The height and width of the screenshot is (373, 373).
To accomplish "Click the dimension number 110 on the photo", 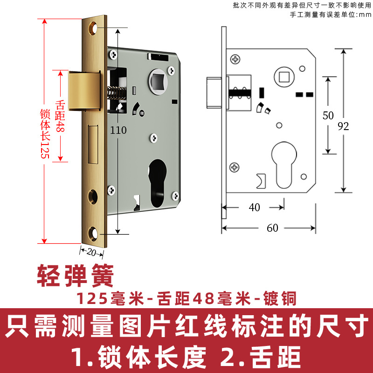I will [x=118, y=131].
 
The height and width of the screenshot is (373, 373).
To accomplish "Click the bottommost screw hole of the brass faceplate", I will [x=95, y=232].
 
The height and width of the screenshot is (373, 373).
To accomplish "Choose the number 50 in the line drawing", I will [x=328, y=115].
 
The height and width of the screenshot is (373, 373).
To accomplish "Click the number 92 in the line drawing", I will [x=344, y=126].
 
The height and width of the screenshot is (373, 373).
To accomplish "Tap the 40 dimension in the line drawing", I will [x=255, y=207].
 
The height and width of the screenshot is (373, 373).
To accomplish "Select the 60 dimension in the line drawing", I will [x=272, y=228].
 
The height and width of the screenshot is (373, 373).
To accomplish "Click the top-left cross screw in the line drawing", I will [x=235, y=59].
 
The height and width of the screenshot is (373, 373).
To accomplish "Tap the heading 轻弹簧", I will [x=76, y=277].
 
